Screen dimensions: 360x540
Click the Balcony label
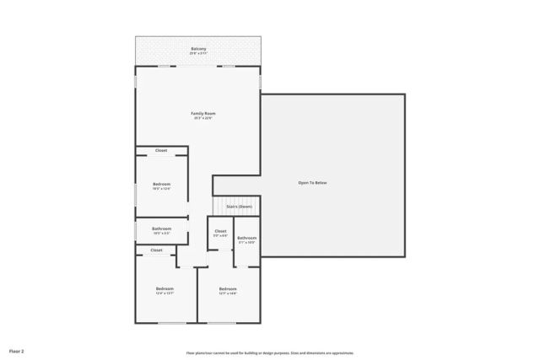tap(198, 49)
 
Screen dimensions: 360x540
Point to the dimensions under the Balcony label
tap(198, 54)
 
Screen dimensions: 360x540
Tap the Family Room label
tap(203, 113)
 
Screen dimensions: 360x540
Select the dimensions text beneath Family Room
tap(203, 118)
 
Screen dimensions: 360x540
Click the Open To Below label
tap(311, 182)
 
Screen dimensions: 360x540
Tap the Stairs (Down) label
tap(239, 206)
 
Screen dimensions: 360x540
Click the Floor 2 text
tap(17, 350)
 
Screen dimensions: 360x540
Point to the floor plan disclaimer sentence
tap(269, 353)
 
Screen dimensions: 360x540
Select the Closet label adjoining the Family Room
tap(161, 151)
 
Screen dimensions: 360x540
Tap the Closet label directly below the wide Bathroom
tap(157, 250)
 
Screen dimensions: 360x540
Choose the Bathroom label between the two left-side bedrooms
tap(162, 228)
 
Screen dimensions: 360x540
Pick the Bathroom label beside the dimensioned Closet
tap(246, 238)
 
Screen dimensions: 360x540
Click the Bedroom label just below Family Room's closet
tap(161, 184)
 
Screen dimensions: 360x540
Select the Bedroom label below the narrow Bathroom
tap(228, 288)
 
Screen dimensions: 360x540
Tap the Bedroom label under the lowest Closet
tap(164, 288)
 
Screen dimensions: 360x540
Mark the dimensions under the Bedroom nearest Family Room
tap(161, 189)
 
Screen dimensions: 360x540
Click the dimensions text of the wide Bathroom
tap(162, 233)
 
